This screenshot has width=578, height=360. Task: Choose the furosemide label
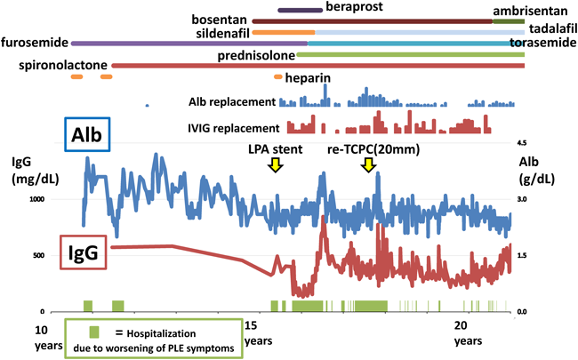click(x=35, y=42)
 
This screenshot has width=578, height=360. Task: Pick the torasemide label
click(x=542, y=42)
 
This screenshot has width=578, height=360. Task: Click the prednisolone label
click(x=253, y=55)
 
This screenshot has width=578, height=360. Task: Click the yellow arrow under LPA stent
click(x=276, y=164)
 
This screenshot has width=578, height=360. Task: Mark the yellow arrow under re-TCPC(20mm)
click(x=367, y=164)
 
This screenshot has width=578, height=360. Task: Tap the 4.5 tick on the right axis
click(x=523, y=142)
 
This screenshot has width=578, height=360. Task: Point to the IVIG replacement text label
click(x=235, y=127)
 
